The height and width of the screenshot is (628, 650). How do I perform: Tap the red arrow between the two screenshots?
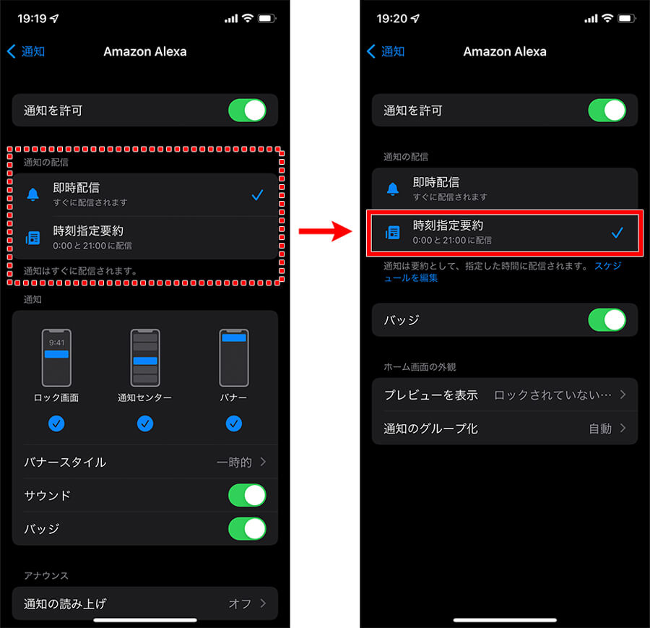(326, 231)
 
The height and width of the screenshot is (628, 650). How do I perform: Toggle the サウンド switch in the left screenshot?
(247, 495)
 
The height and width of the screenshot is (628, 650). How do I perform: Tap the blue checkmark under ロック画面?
(56, 423)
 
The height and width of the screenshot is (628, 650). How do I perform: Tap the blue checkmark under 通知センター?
(145, 423)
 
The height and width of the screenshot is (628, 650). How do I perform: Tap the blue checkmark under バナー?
(234, 423)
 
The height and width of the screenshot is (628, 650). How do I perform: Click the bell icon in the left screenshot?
(32, 194)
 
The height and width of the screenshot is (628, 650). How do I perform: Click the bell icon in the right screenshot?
(393, 189)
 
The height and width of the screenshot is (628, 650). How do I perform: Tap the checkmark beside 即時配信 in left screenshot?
(257, 194)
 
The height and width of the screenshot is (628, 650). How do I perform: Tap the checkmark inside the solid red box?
(617, 233)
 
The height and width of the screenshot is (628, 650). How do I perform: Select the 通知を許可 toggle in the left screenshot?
(247, 111)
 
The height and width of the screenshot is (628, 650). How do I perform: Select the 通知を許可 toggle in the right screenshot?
(607, 111)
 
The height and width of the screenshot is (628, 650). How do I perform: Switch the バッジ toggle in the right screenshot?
(607, 320)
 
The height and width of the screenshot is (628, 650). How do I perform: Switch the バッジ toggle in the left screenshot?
(247, 528)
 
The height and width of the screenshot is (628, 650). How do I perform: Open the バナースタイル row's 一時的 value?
(234, 462)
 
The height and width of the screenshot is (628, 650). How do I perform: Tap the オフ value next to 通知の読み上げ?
(240, 603)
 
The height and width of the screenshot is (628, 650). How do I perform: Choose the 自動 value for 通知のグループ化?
(600, 429)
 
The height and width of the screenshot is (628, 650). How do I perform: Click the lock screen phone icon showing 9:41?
(56, 358)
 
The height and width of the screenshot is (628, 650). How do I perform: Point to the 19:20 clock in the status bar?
(391, 19)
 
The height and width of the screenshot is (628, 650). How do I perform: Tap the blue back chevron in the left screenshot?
(12, 51)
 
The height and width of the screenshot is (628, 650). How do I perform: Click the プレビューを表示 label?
(431, 395)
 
